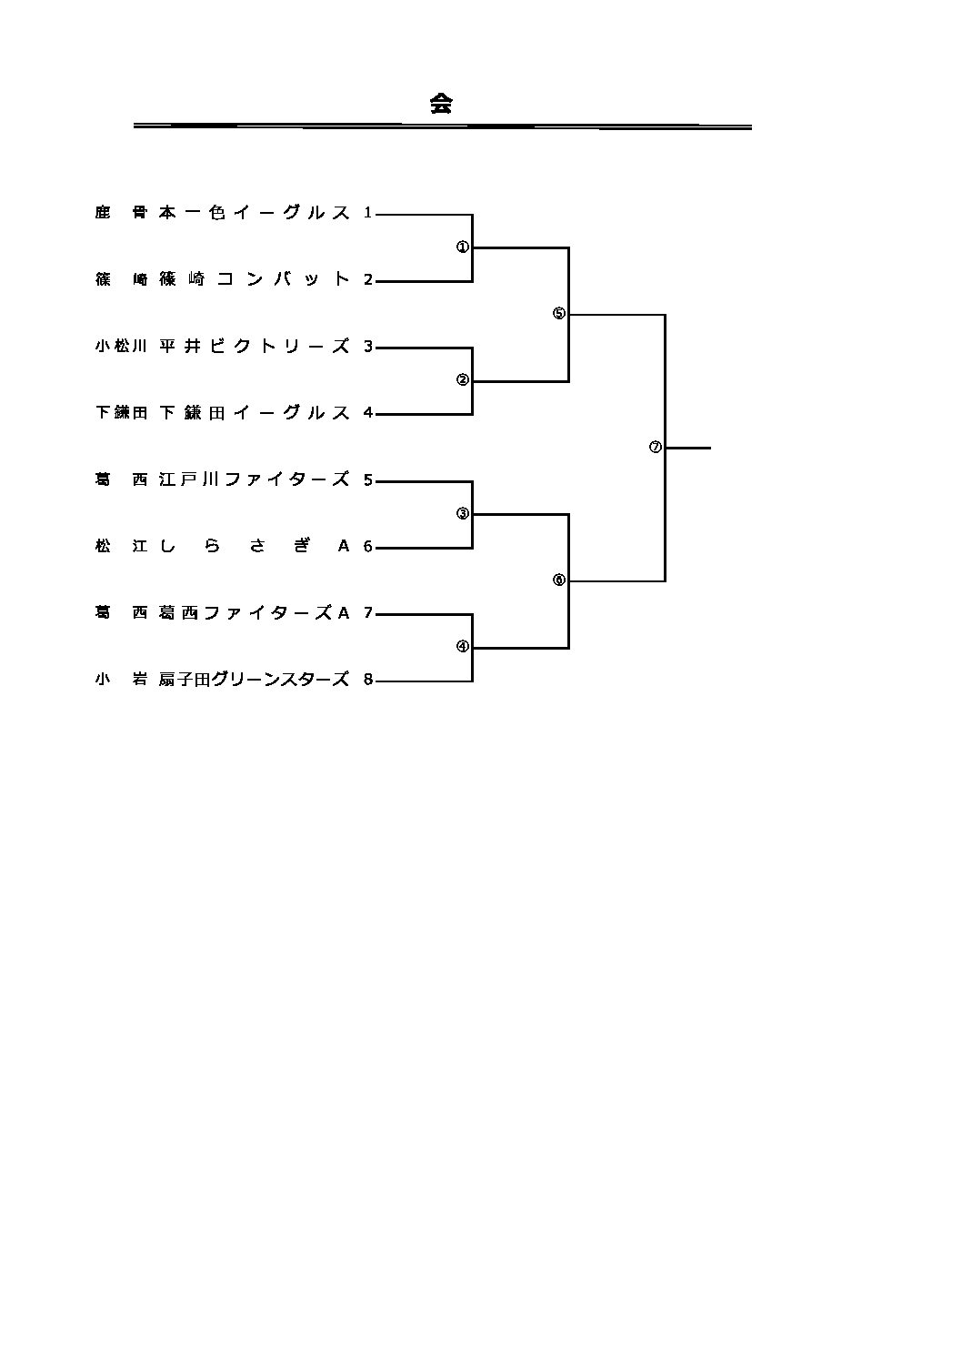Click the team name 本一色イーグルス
click(x=254, y=213)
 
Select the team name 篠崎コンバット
click(x=254, y=279)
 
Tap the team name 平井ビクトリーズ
click(x=254, y=347)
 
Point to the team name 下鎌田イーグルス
click(x=254, y=413)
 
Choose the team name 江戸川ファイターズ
click(x=254, y=479)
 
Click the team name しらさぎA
click(x=254, y=546)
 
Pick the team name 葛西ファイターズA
click(x=254, y=613)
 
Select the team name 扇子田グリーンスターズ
click(x=254, y=680)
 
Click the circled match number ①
click(x=462, y=247)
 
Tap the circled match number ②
click(x=462, y=380)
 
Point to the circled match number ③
click(x=462, y=513)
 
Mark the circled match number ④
click(x=462, y=647)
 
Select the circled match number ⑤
click(x=558, y=314)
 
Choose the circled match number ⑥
click(x=558, y=580)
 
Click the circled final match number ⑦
click(x=655, y=447)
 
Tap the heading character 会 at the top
click(x=441, y=104)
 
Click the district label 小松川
click(x=120, y=347)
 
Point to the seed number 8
click(x=368, y=680)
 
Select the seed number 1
click(x=368, y=213)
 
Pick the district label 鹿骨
click(x=120, y=213)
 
